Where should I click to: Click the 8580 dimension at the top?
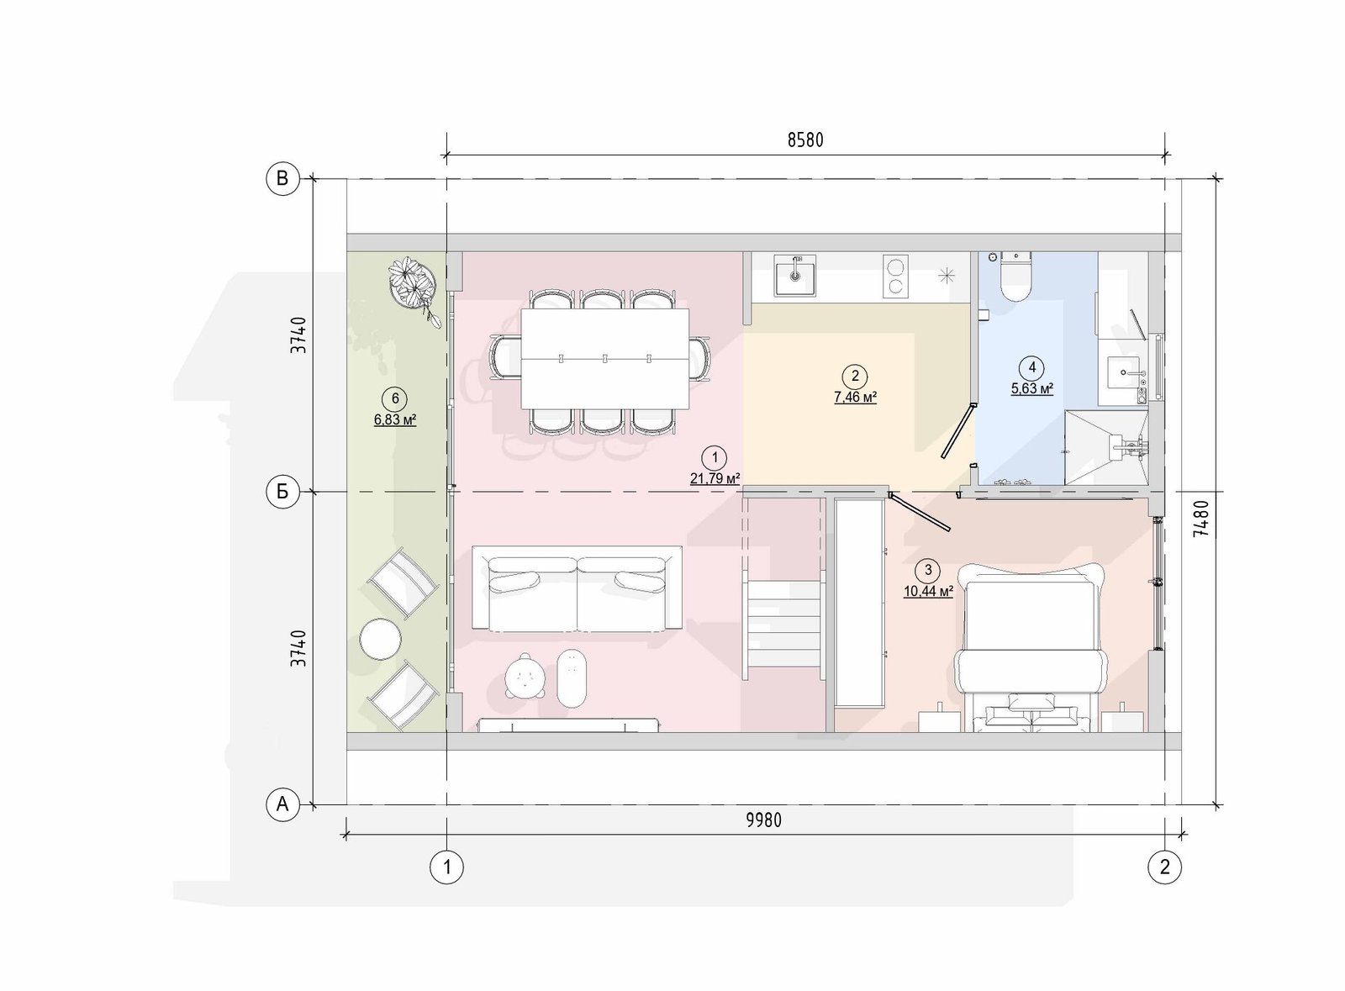(805, 140)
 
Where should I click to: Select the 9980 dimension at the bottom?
(764, 820)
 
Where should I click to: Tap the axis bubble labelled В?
(282, 179)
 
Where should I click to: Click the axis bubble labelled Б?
(282, 493)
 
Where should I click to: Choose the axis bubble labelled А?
(282, 804)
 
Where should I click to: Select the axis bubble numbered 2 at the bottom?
(1165, 867)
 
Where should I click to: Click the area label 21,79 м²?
(715, 478)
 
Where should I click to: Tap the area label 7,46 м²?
(855, 397)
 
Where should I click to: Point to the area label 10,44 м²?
(928, 591)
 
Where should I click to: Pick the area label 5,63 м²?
(1032, 388)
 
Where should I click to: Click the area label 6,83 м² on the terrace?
(395, 419)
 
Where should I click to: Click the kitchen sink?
(795, 275)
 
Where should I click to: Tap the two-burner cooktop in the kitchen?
(895, 276)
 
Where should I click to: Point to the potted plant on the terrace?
(414, 288)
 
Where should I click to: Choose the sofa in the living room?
(577, 589)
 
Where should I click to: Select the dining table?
(604, 358)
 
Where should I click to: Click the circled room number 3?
(928, 570)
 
